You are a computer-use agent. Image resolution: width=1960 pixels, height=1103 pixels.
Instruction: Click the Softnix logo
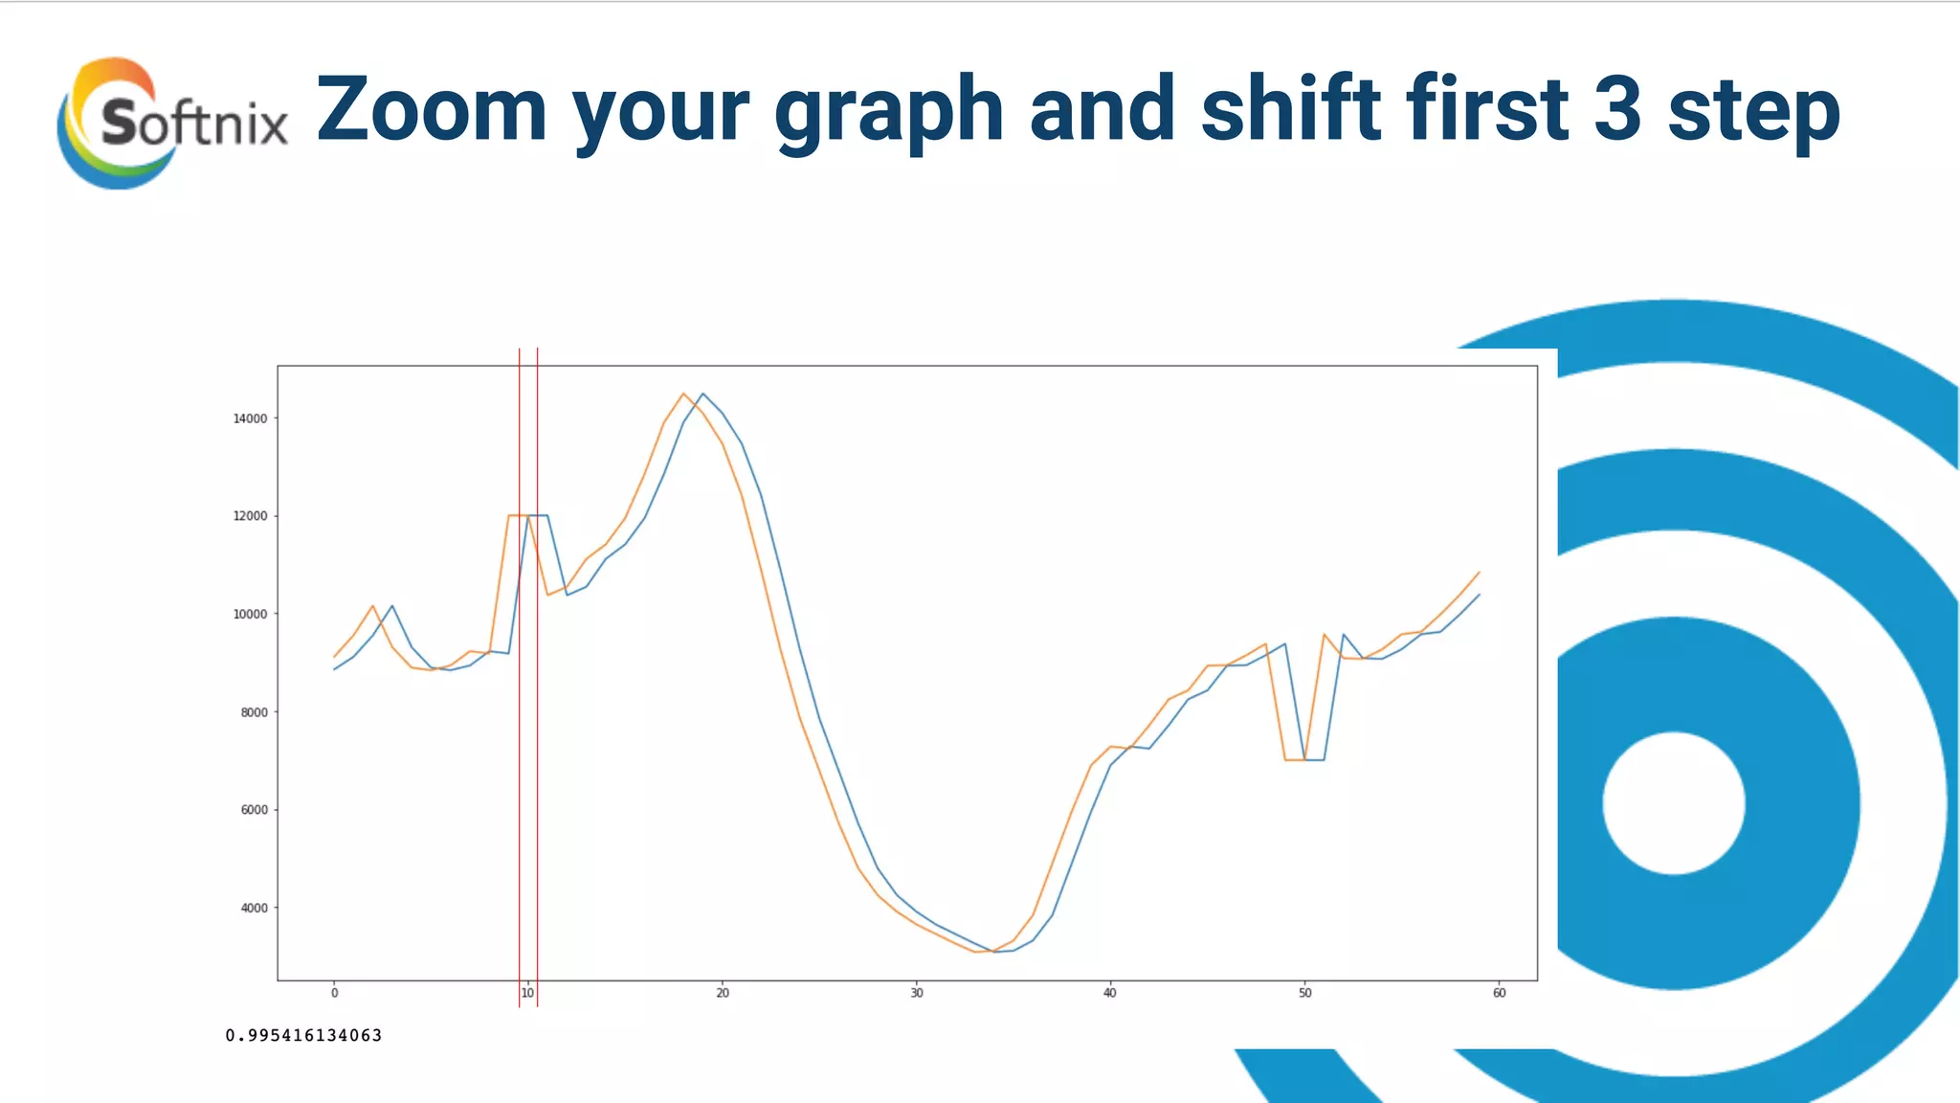(x=172, y=123)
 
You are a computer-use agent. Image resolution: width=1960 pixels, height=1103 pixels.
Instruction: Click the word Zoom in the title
(x=432, y=109)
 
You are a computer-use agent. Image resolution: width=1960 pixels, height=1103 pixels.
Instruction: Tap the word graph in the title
(x=888, y=113)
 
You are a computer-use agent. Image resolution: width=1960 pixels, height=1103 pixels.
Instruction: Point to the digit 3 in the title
(x=1618, y=109)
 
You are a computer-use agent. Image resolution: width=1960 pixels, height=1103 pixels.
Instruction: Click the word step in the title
(x=1753, y=113)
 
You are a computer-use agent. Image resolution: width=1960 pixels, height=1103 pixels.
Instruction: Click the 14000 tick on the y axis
(x=251, y=418)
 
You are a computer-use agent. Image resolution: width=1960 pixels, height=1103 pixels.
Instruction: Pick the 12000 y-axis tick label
(x=251, y=516)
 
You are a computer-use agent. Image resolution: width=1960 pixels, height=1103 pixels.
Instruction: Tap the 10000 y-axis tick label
(x=251, y=615)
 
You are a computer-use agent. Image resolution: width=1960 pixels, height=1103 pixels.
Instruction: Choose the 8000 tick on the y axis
(x=254, y=712)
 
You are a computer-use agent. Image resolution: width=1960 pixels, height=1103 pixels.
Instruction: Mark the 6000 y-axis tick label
(x=254, y=810)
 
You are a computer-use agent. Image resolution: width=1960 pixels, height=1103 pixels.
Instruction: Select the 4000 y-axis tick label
(x=254, y=908)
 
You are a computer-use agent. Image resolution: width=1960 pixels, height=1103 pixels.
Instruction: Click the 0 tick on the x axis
(x=334, y=993)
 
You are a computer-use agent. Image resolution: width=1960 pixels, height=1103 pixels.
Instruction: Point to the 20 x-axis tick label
(x=723, y=993)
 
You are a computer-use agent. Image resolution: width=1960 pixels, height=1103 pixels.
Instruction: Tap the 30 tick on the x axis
(x=917, y=993)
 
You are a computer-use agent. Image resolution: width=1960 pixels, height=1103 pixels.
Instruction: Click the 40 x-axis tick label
(x=1110, y=993)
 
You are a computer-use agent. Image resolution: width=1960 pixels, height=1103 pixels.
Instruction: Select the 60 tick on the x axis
(x=1499, y=993)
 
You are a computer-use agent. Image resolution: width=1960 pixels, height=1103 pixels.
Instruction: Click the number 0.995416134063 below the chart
(x=303, y=1035)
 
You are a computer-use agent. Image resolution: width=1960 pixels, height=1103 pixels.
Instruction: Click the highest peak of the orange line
(x=683, y=394)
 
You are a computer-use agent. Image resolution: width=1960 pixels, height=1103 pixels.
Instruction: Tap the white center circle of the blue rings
(x=1674, y=803)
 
